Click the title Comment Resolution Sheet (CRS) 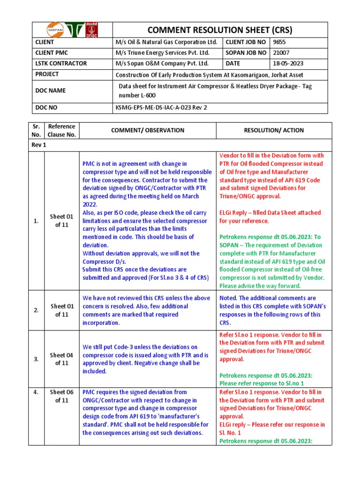coord(219,30)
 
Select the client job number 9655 coord(279,42)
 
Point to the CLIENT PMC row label coord(52,52)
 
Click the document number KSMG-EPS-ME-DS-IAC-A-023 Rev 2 coord(161,107)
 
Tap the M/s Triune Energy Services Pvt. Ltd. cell coord(162,52)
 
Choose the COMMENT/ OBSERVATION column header coord(147,130)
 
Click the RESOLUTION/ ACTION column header coord(274,130)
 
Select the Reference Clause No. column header coord(61,130)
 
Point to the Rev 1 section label coord(39,145)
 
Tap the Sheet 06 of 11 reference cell coord(61,396)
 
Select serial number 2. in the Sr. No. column coord(36,310)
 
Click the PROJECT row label coord(46,74)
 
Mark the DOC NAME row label coord(49,90)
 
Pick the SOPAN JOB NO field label coord(249,52)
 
